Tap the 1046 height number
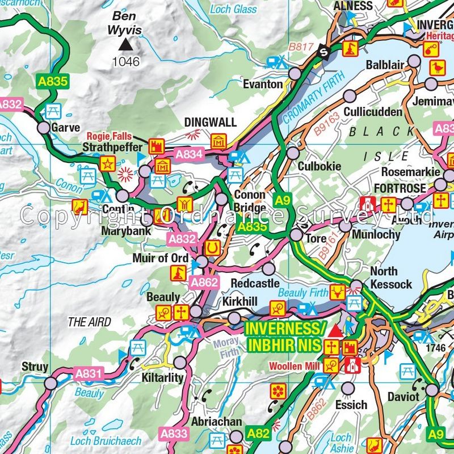126,61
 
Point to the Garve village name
65,128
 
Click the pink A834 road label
190,153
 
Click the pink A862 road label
204,283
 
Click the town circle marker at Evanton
295,74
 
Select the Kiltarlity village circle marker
180,361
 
